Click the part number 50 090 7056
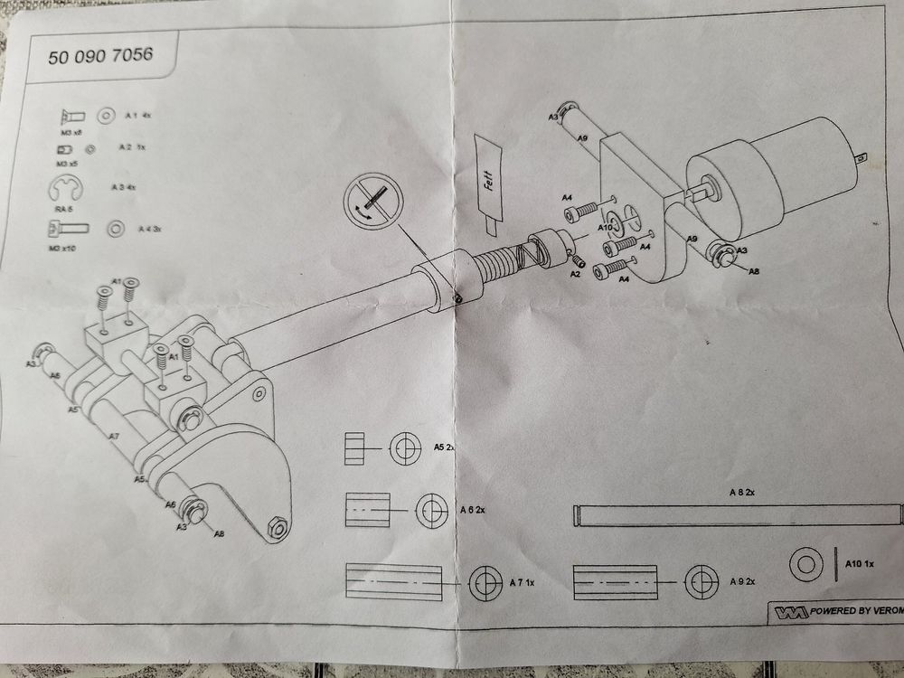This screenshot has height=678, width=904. coord(99,56)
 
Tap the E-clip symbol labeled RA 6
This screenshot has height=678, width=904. coord(62,191)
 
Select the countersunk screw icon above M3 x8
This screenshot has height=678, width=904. coord(71,116)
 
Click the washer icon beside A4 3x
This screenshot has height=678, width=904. coord(117,229)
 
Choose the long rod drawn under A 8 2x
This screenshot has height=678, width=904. coord(739,515)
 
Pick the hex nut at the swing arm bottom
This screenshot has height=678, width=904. coord(278,527)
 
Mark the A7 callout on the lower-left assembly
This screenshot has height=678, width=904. coord(114,437)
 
